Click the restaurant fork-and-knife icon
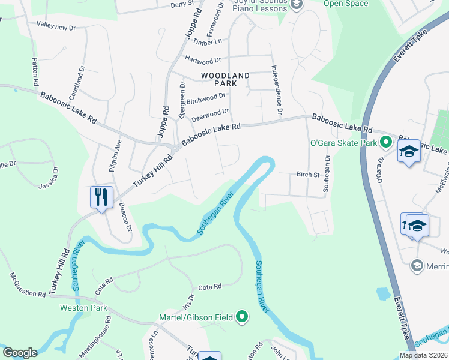click(x=101, y=197)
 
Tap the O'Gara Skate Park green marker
click(x=386, y=143)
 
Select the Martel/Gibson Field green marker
click(x=242, y=316)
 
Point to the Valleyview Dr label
click(x=56, y=27)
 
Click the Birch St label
click(x=307, y=175)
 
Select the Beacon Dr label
click(x=125, y=215)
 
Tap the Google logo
click(x=20, y=353)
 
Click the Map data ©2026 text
click(x=423, y=355)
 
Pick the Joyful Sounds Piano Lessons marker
click(x=295, y=5)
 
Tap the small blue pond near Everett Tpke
click(x=383, y=294)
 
